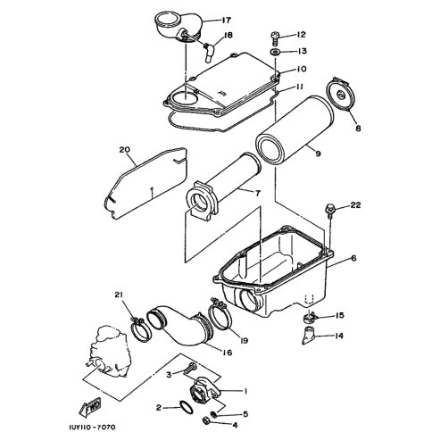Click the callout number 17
click(x=226, y=21)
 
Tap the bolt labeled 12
click(x=275, y=39)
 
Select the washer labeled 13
click(x=275, y=53)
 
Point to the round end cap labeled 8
click(x=341, y=95)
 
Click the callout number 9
click(x=318, y=154)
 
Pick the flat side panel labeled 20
click(x=145, y=183)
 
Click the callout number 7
click(x=258, y=194)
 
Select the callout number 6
click(x=353, y=258)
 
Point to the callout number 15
click(x=339, y=315)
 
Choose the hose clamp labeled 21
click(x=141, y=329)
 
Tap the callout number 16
click(x=227, y=353)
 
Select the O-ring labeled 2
click(x=187, y=407)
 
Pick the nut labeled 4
click(x=205, y=420)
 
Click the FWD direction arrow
click(x=90, y=407)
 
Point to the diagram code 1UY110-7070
click(x=92, y=428)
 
